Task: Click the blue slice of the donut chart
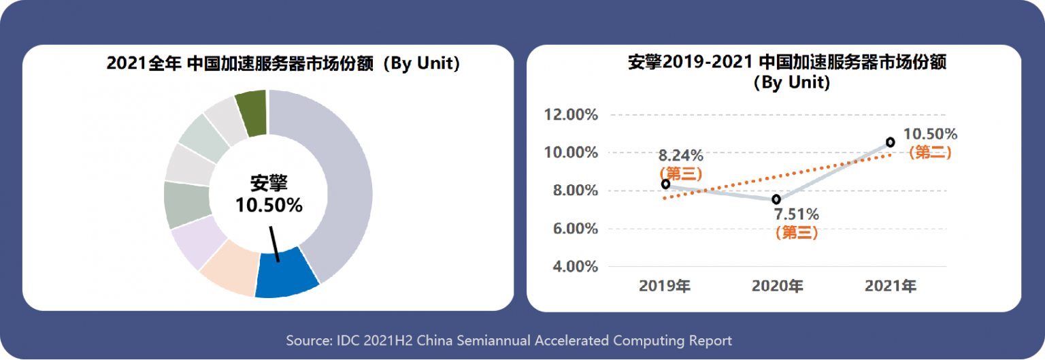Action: (x=286, y=273)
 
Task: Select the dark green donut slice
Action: (x=251, y=114)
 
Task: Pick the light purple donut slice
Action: (x=197, y=241)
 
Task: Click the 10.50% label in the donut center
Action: (x=269, y=205)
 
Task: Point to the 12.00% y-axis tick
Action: (x=571, y=114)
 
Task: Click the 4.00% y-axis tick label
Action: (x=571, y=266)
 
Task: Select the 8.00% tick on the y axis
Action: (x=571, y=191)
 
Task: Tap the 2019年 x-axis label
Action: (x=664, y=286)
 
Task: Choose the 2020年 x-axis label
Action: (x=777, y=286)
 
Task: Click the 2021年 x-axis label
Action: (x=890, y=286)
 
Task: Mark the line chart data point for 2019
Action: (x=665, y=184)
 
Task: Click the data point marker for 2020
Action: (x=776, y=199)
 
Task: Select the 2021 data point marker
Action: (x=891, y=142)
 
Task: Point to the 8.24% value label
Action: (x=680, y=155)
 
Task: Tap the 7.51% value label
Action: (x=796, y=215)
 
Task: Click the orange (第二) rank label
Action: (x=930, y=153)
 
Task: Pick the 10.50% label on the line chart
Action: (x=930, y=134)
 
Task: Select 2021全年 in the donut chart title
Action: (x=144, y=65)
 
